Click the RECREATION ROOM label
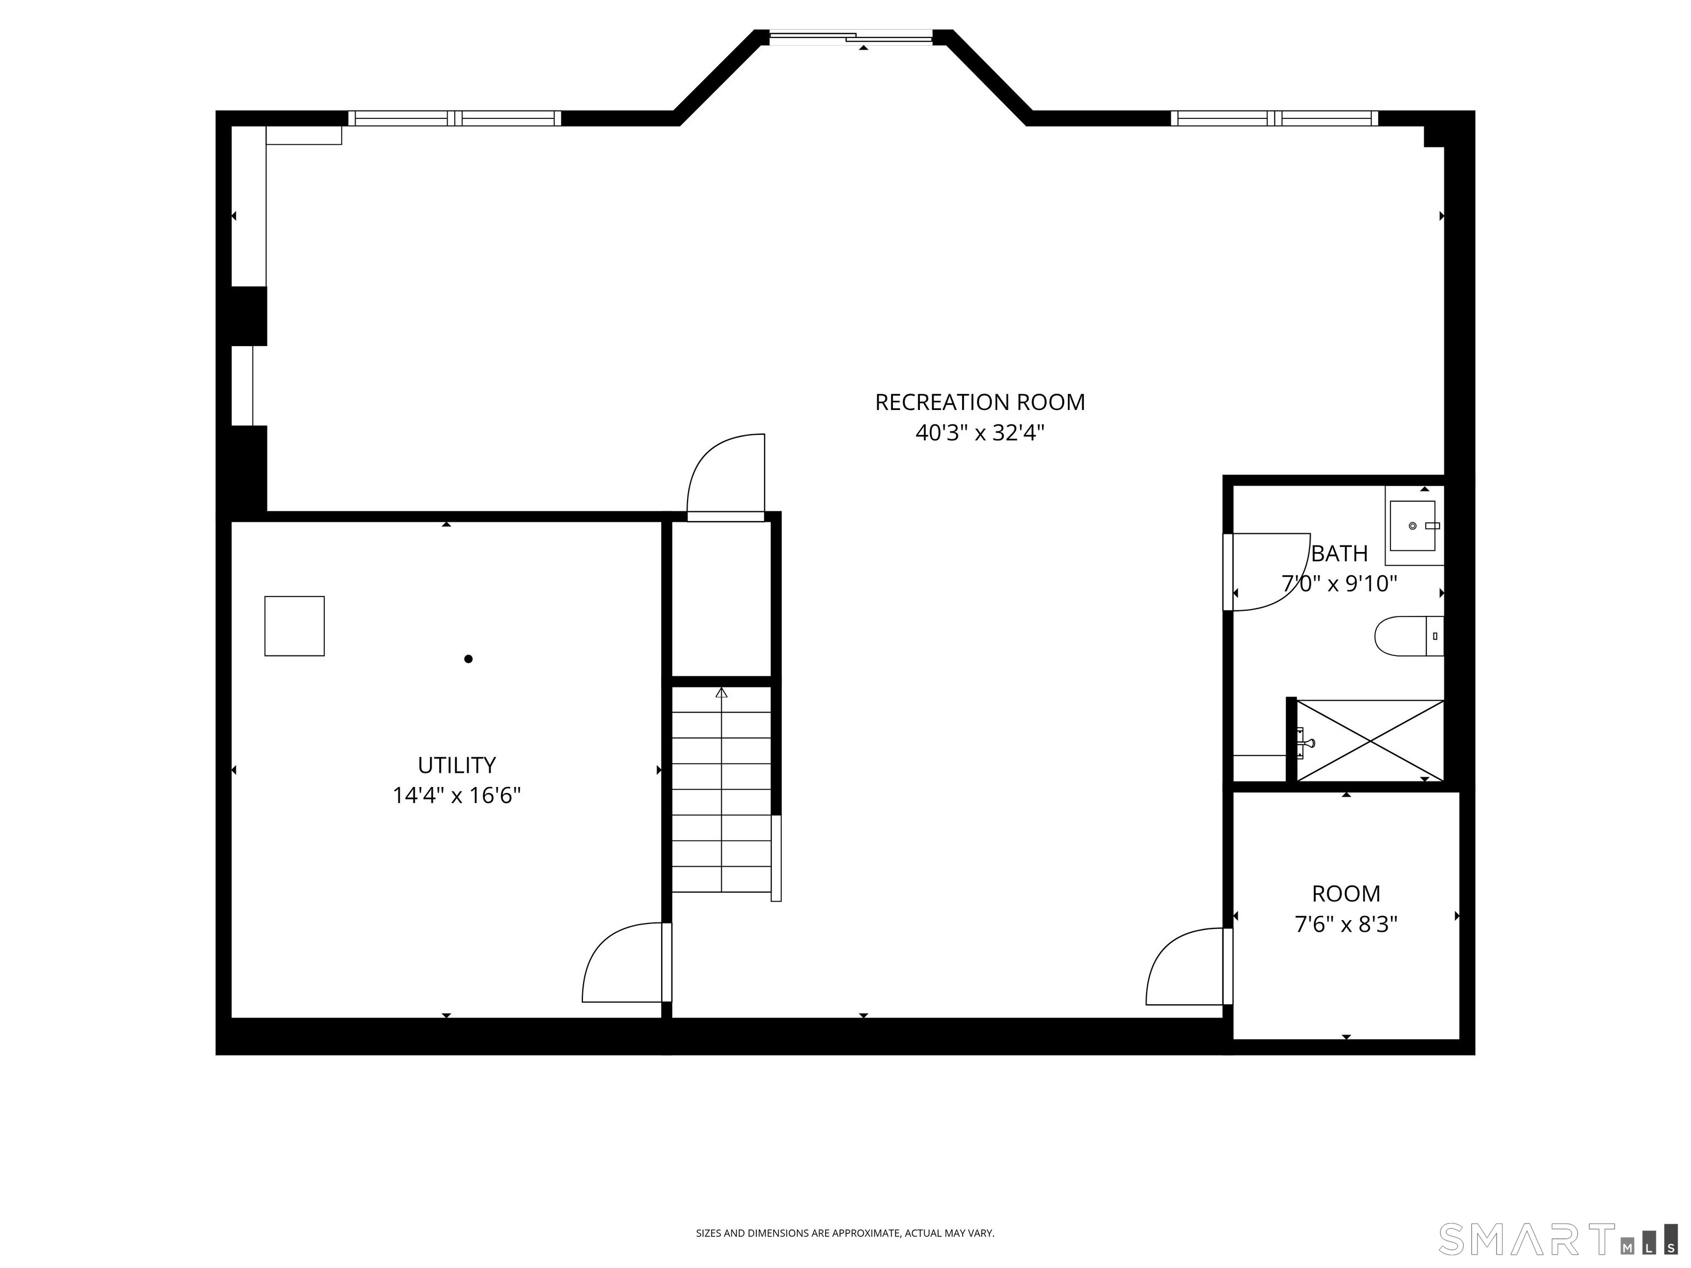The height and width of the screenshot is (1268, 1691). coord(979,402)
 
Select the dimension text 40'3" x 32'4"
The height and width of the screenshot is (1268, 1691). coord(979,433)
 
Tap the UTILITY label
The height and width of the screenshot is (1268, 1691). coord(456,765)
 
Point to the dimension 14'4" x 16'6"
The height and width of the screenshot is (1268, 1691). coord(456,796)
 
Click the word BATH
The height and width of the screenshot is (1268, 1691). coord(1339,553)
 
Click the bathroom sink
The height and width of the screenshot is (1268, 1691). coord(1412,526)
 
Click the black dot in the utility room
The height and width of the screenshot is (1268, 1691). coord(468,659)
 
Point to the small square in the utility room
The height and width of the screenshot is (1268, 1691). coord(294,626)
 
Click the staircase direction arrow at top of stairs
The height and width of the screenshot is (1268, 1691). coord(721,693)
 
